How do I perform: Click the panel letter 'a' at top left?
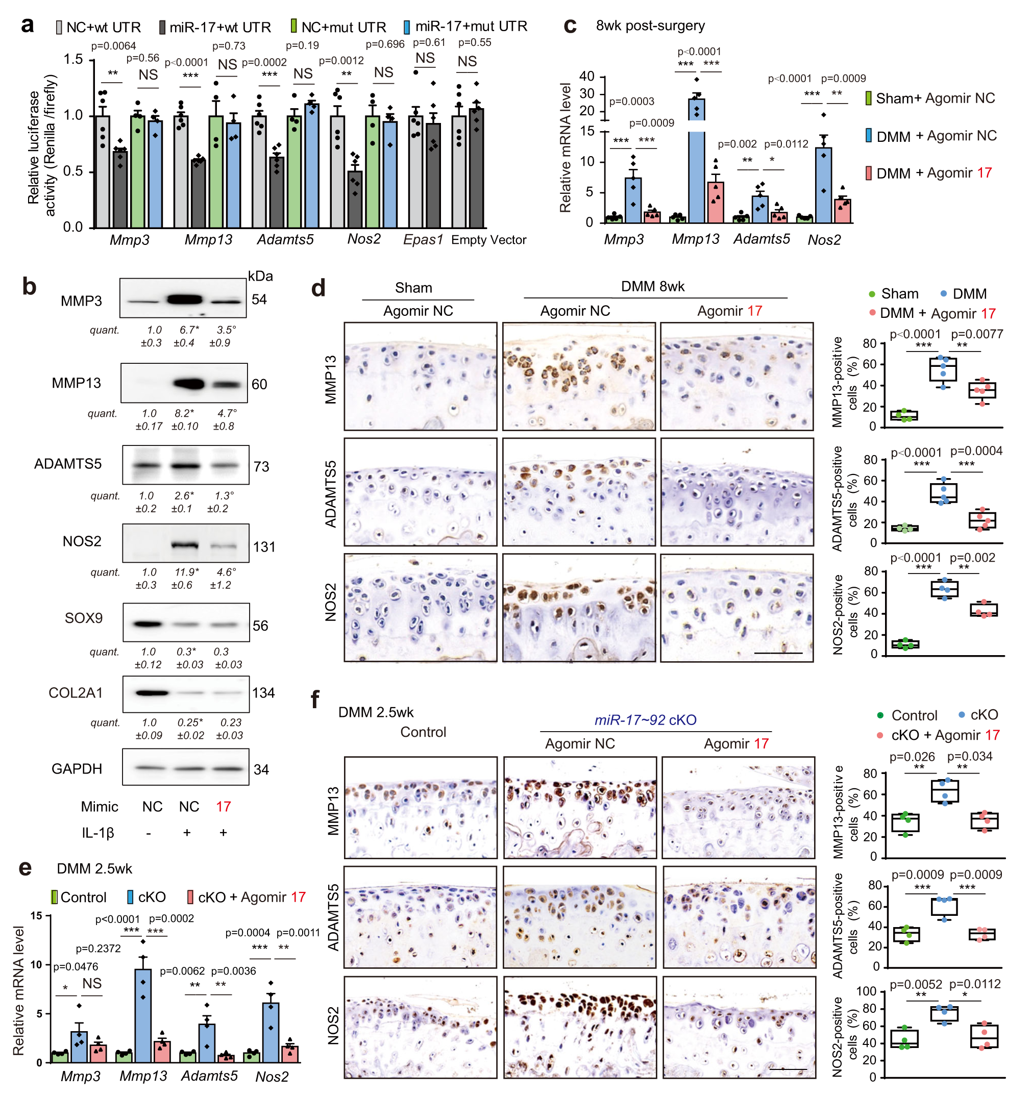click(27, 26)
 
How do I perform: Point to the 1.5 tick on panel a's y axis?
click(73, 59)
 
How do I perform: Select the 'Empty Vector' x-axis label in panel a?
click(488, 240)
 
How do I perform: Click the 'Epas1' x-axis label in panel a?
click(423, 240)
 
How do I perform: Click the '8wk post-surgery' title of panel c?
click(650, 26)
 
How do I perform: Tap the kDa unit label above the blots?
click(260, 276)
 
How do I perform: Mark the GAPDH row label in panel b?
click(77, 769)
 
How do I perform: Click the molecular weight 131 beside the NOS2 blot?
click(264, 547)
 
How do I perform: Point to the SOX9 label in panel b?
click(83, 618)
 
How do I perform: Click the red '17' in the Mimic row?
click(223, 807)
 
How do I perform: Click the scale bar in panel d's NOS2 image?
click(778, 653)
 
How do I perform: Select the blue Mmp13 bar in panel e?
click(143, 1016)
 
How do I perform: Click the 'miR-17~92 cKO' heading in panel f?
click(645, 720)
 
